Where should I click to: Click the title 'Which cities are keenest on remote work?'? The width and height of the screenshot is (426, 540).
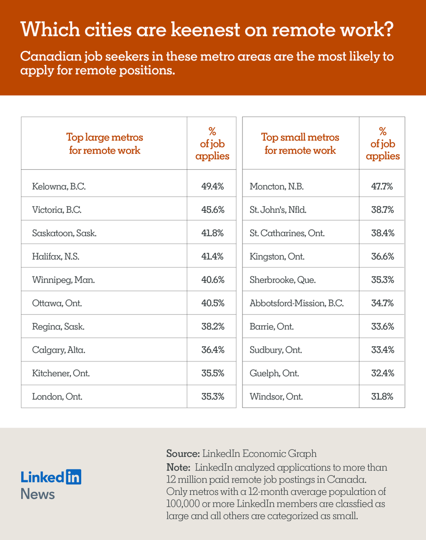(x=207, y=30)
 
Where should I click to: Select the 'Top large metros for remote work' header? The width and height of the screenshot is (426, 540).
(x=104, y=144)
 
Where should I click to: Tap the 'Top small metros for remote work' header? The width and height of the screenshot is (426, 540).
(x=300, y=144)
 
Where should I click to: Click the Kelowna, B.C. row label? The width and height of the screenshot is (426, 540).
(x=59, y=186)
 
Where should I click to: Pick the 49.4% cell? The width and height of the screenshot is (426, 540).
(x=213, y=186)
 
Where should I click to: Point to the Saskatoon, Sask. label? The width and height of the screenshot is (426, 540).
(x=64, y=233)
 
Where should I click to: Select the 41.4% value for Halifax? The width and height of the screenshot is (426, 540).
(x=213, y=257)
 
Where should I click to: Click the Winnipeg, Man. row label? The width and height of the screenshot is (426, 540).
(x=63, y=280)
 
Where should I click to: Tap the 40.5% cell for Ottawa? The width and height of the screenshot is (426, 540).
(x=213, y=303)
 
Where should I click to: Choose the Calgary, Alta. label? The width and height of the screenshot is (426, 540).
(x=59, y=350)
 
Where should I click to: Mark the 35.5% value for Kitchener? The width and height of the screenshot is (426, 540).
(x=213, y=373)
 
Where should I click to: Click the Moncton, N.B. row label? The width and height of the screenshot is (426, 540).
(x=276, y=186)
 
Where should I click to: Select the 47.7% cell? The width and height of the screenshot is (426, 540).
(x=382, y=186)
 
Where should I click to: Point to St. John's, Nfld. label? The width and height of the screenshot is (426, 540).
(x=278, y=210)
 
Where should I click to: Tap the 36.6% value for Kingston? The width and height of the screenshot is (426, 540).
(x=382, y=257)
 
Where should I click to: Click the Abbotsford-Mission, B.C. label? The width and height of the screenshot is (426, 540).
(x=296, y=303)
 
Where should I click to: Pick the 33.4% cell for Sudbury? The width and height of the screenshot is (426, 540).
(x=382, y=350)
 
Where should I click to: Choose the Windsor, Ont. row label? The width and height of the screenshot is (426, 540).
(x=276, y=396)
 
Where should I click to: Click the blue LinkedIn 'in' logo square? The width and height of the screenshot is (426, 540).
(x=73, y=477)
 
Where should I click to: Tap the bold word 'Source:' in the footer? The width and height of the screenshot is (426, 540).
(x=183, y=453)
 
